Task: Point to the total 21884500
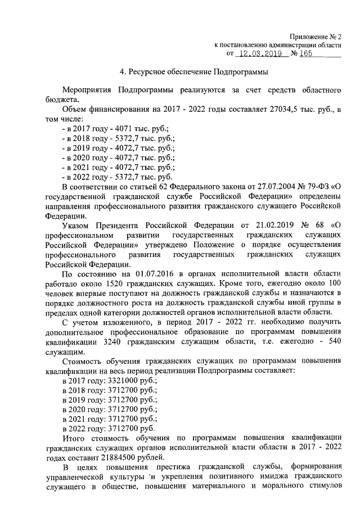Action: click(125, 460)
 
